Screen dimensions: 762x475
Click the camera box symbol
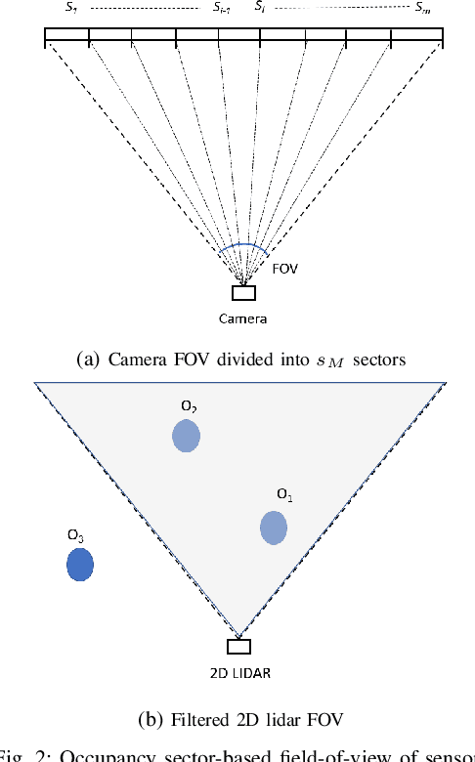[x=243, y=292]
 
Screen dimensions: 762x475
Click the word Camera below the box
[x=242, y=318]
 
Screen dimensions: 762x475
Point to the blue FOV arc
[x=241, y=246]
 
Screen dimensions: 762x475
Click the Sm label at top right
[x=421, y=7]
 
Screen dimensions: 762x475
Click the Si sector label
[x=259, y=7]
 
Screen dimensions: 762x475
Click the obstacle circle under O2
[x=186, y=435]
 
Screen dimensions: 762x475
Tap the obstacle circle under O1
[x=274, y=528]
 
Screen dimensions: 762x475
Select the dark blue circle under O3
[x=79, y=565]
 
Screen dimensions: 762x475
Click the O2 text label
[x=187, y=404]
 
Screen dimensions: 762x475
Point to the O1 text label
[x=284, y=496]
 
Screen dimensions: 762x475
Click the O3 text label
[x=75, y=535]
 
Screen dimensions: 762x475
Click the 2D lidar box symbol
[x=238, y=646]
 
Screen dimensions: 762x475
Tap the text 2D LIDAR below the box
[x=239, y=673]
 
